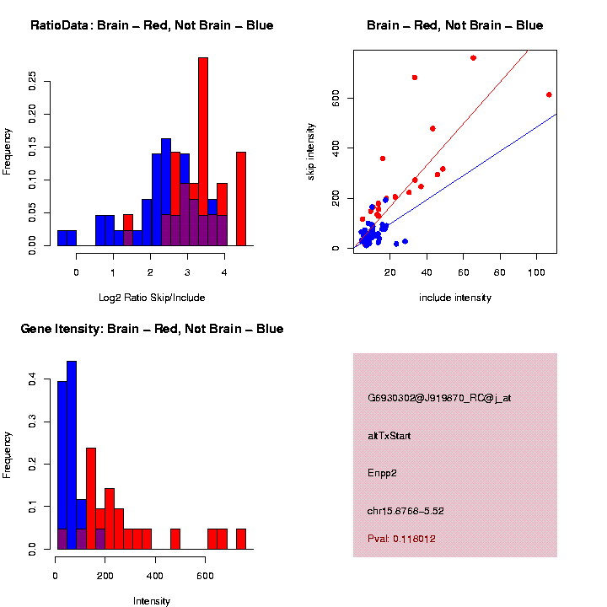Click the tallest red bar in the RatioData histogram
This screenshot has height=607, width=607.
coord(202,152)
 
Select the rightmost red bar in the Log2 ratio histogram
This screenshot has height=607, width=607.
coord(241,198)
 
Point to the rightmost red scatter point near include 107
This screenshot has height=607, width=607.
coord(549,94)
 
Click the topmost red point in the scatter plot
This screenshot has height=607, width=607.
coord(473,58)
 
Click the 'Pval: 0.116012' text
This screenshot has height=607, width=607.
coord(401,539)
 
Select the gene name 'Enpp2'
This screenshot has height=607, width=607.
coord(382,473)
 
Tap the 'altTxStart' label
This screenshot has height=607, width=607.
coord(389,436)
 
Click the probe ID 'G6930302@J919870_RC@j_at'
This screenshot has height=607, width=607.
coord(439,398)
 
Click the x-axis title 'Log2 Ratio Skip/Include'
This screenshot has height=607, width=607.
coord(152,298)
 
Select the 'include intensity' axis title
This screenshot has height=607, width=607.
coord(455,298)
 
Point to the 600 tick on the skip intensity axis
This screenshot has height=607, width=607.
coord(334,99)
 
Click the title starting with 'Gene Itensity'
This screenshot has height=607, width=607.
coord(152,329)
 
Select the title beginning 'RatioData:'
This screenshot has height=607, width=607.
coord(152,25)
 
